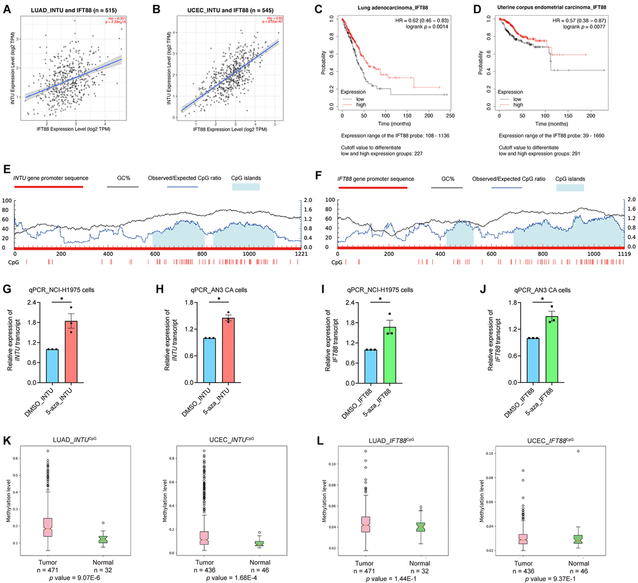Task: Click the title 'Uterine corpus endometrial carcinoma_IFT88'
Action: pos(551,8)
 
